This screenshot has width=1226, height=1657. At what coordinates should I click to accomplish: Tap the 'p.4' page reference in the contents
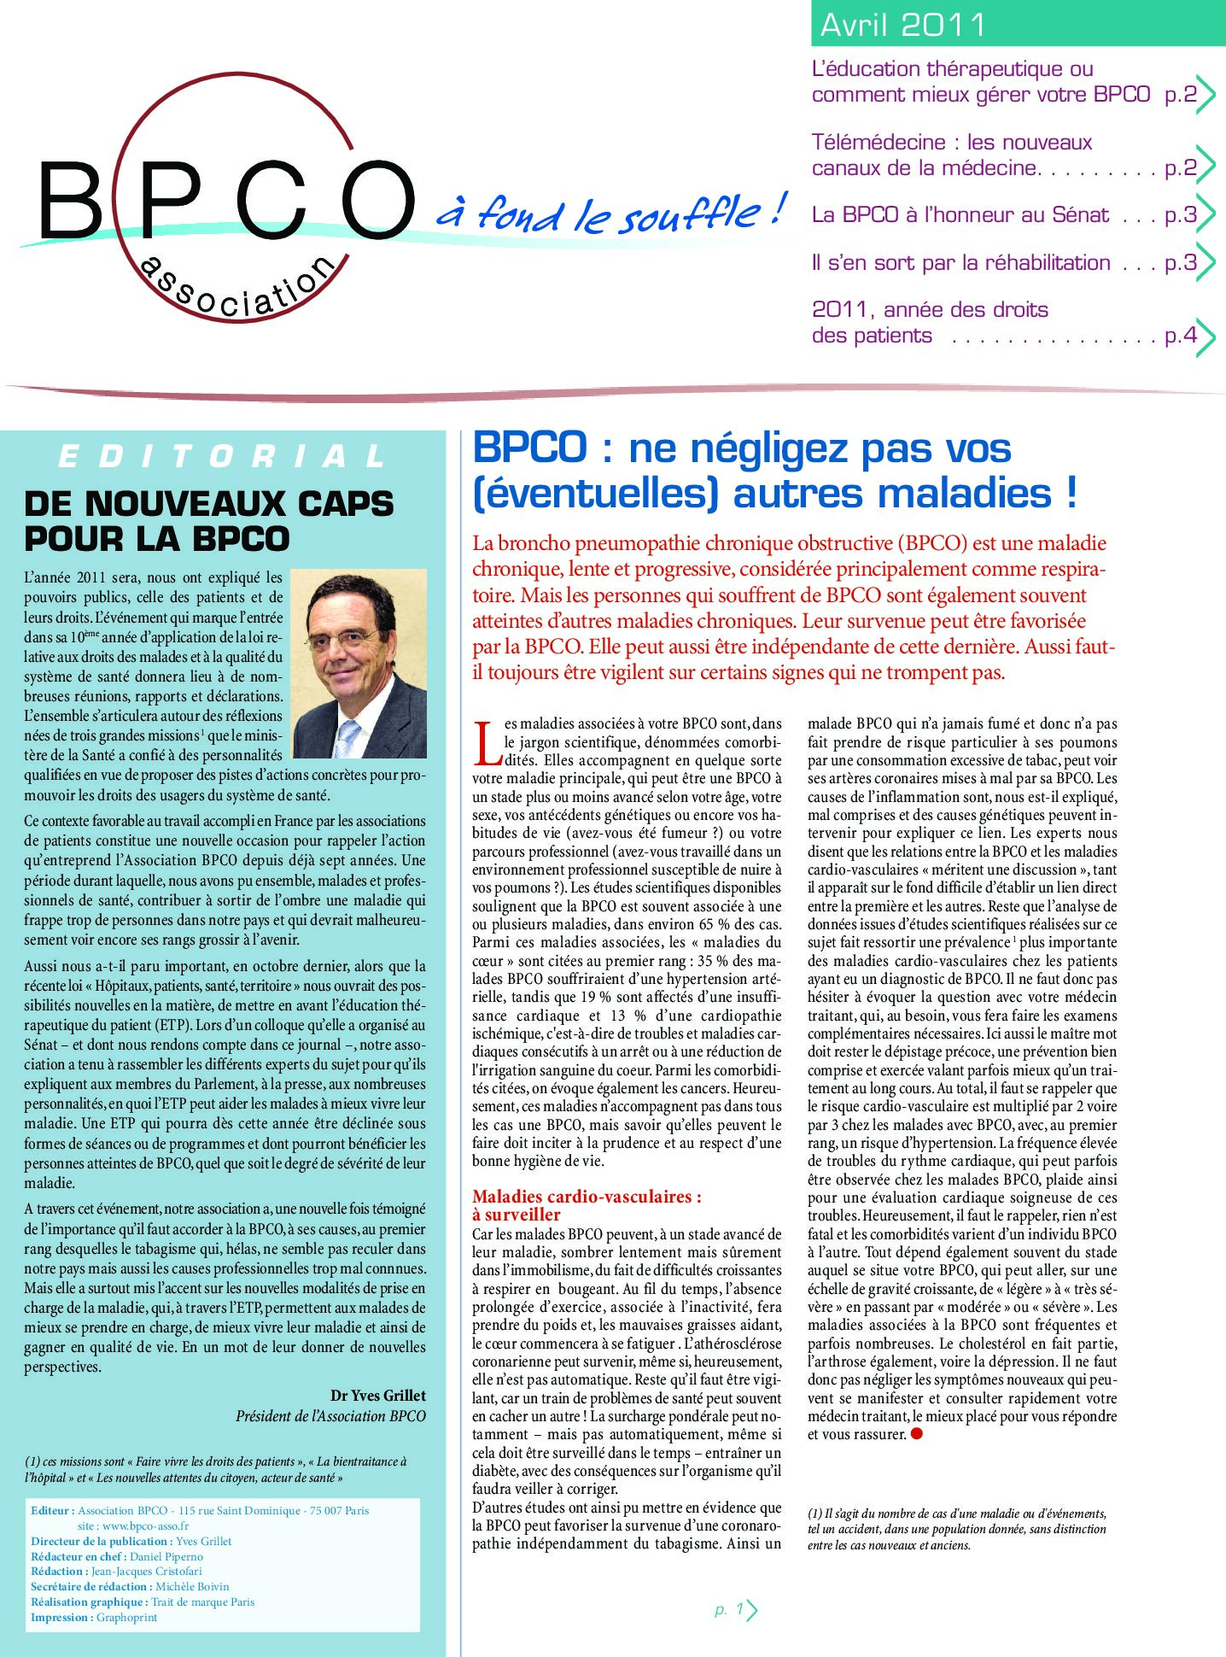point(1180,336)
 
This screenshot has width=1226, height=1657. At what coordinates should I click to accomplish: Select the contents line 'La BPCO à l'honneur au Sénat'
point(960,215)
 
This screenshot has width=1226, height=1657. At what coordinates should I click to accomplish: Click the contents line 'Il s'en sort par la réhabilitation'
point(960,263)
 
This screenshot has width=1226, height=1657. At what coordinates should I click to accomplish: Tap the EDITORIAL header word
point(223,456)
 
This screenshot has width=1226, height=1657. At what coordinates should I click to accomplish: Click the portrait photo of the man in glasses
point(359,663)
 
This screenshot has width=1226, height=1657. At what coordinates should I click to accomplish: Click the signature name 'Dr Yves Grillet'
point(377,1396)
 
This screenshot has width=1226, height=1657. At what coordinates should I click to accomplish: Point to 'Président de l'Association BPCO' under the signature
point(330,1416)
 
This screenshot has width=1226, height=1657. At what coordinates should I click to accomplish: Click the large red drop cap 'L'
point(487,743)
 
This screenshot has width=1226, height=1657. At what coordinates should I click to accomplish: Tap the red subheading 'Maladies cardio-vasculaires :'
point(587,1197)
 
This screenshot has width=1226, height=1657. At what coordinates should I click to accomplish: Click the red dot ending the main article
point(917,1434)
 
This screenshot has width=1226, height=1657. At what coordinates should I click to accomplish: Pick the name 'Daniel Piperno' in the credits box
point(166,1556)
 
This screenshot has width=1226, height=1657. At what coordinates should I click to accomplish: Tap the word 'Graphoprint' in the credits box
point(126,1617)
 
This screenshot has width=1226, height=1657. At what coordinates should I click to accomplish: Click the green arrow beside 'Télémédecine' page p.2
point(1206,167)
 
